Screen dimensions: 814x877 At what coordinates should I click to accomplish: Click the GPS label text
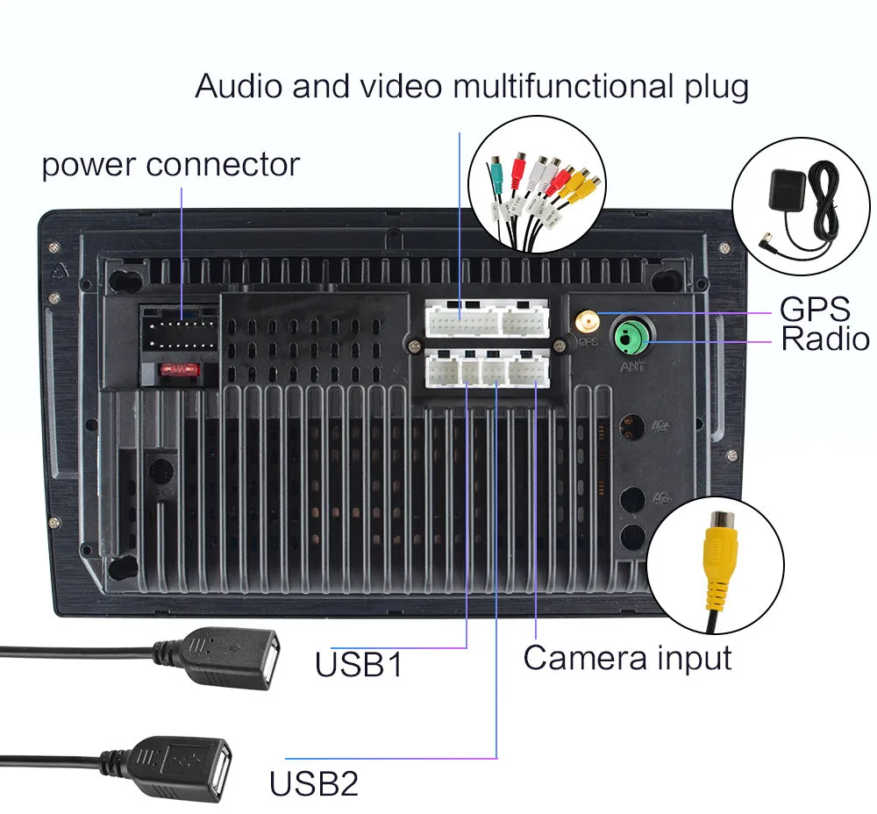pos(815,309)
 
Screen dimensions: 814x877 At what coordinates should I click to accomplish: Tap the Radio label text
pos(824,339)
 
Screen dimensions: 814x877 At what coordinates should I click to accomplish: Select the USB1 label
pos(359,664)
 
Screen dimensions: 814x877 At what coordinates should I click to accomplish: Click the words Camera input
pos(627,657)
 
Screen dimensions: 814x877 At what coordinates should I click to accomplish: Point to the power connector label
pos(170,165)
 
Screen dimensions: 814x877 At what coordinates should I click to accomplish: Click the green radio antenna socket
pos(630,335)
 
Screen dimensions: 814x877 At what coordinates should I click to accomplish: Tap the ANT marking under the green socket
pos(632,367)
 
